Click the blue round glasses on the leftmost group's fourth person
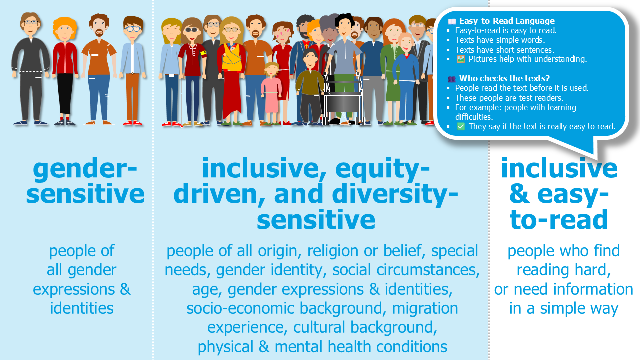coord(133,29)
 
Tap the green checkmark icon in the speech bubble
coord(461,126)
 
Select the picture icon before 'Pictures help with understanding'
coord(461,59)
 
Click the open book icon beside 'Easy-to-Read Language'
coord(452,21)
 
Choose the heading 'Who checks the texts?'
coord(504,78)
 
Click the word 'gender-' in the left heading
coord(85,169)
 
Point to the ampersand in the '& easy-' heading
coord(520,194)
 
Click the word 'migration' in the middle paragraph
coord(425,308)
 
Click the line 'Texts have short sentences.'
coord(504,50)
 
